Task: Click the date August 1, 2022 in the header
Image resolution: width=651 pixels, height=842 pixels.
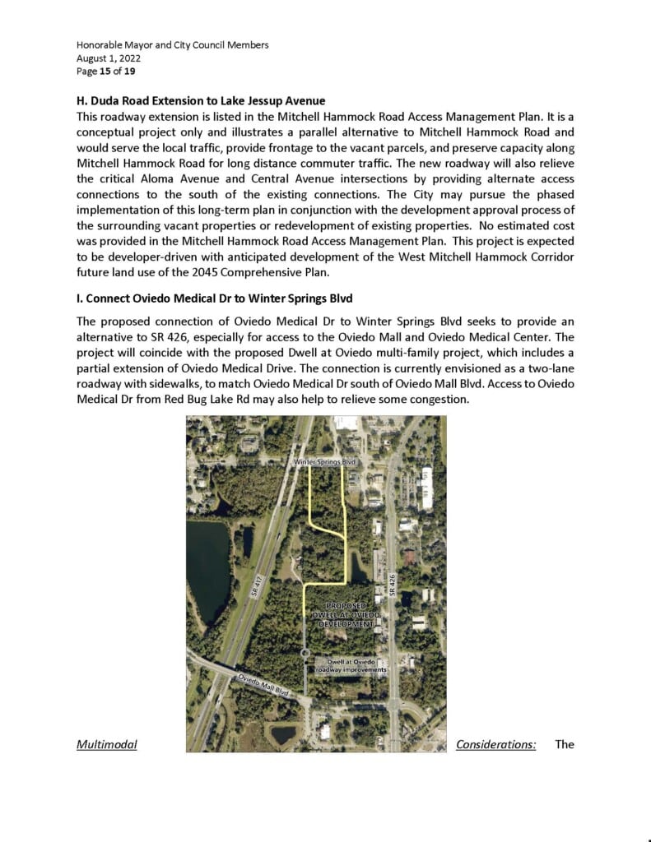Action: coord(109,58)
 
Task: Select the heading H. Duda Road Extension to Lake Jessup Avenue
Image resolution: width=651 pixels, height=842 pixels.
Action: coord(201,101)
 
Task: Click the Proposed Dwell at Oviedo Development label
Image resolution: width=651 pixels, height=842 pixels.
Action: coord(346,616)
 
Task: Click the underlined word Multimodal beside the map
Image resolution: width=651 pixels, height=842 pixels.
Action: coord(107,745)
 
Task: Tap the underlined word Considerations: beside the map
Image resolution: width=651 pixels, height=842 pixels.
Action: coord(496,745)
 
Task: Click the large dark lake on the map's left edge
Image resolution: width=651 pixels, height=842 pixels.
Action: coord(207,567)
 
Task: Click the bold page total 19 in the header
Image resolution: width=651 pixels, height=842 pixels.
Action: coord(130,72)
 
